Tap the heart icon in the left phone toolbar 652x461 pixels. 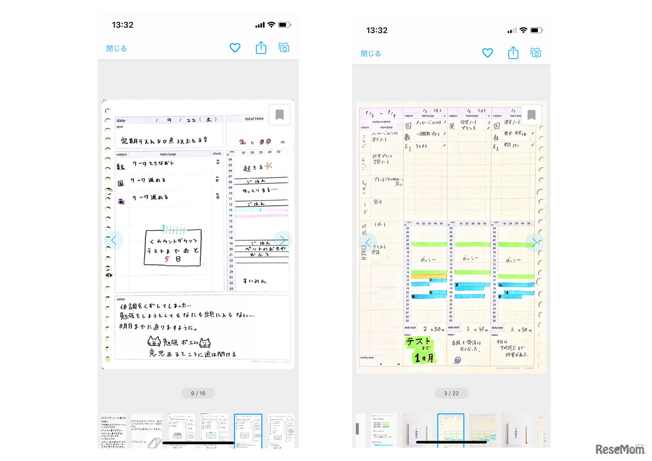point(235,48)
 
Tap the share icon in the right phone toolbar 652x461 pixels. point(513,52)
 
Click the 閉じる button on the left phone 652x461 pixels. point(117,49)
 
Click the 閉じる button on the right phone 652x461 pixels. point(371,53)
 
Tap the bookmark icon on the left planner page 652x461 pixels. point(279,115)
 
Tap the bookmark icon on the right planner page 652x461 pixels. point(531,115)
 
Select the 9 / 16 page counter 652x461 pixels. point(198,393)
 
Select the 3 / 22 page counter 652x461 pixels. point(451,393)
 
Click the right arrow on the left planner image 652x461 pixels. point(283,240)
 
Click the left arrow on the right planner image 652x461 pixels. point(369,242)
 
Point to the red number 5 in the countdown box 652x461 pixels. point(167,259)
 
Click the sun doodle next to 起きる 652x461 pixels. point(268,166)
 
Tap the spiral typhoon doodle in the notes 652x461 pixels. point(457,360)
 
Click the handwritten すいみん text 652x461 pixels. point(254,281)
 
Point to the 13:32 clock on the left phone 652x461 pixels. point(122,25)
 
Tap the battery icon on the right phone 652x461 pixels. point(536,31)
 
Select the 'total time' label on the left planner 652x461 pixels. point(254,119)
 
